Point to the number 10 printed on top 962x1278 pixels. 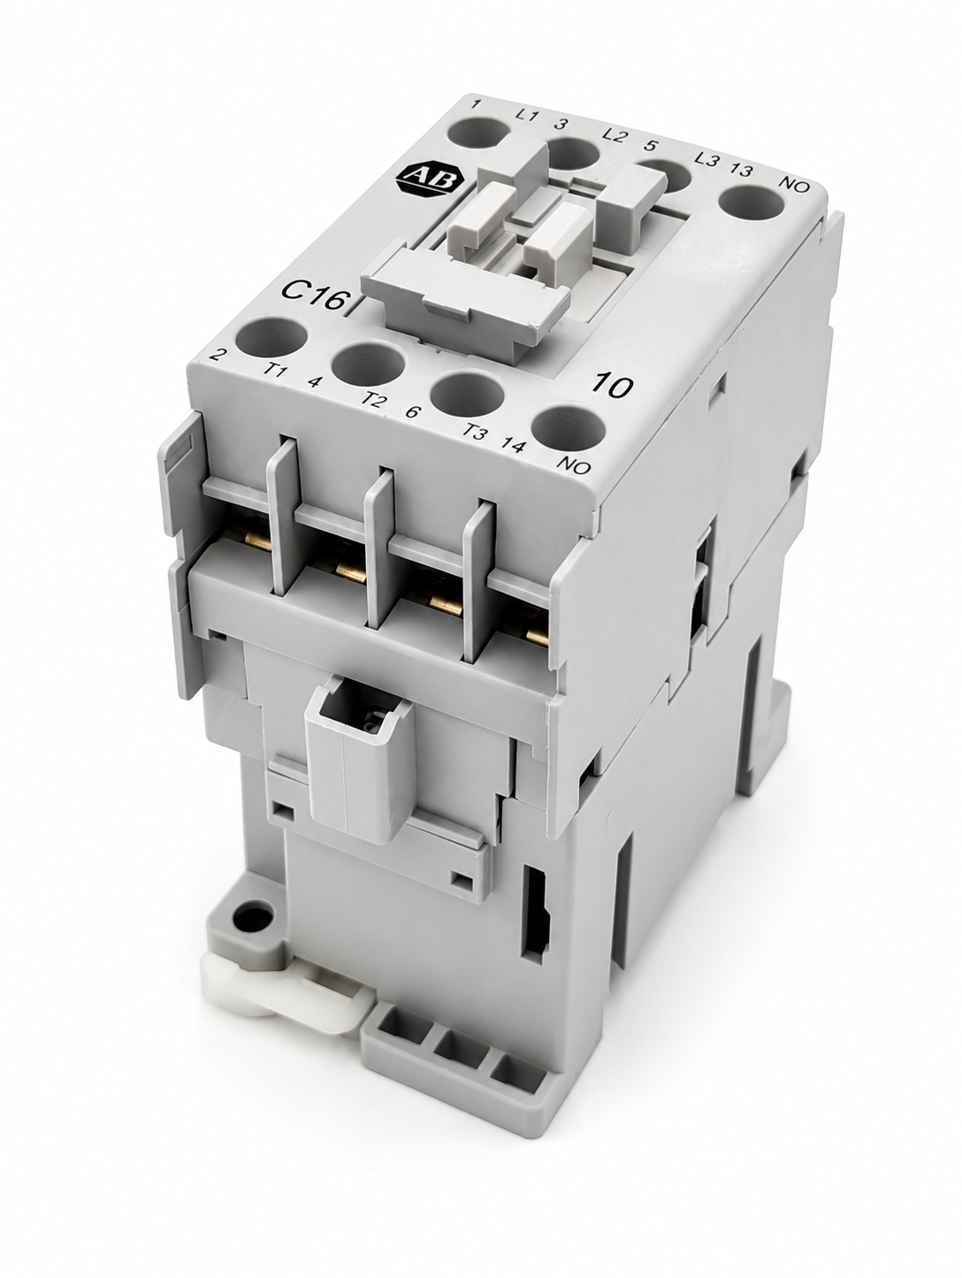(611, 386)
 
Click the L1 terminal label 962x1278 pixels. (527, 115)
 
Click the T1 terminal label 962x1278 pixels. (275, 369)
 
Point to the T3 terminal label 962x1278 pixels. (474, 432)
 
